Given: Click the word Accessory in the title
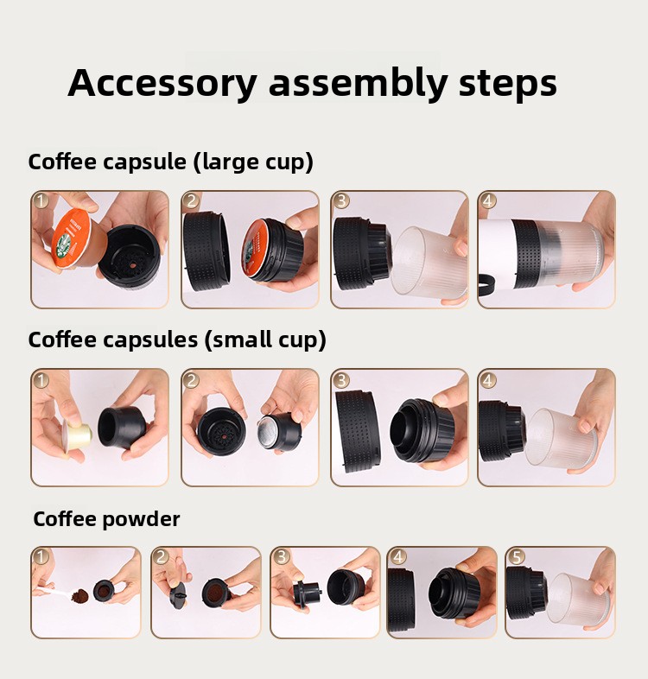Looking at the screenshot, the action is pos(162,83).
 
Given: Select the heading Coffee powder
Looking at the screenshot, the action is pos(106,519).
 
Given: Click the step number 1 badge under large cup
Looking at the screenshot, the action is pos(41,201).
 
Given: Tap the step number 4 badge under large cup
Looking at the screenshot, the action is pos(488,201).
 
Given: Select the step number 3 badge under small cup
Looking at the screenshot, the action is pos(341,380).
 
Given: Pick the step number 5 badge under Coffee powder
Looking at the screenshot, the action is pos(516,557).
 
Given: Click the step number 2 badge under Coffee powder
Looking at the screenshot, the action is pos(161,557).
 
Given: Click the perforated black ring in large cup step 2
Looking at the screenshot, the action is pos(207,247).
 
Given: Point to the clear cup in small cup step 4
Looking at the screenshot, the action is pos(562,441).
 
